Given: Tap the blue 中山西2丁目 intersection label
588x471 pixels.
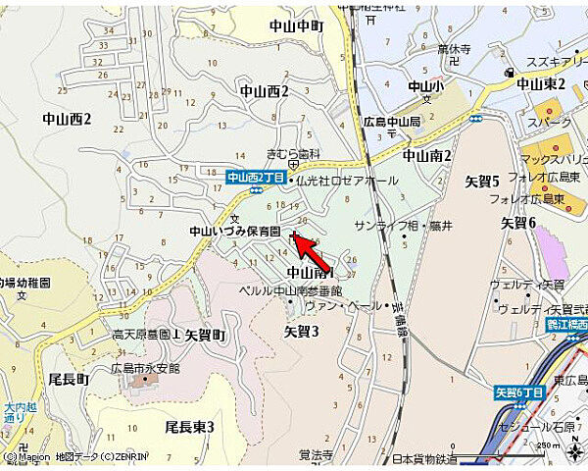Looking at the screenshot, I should (x=254, y=178).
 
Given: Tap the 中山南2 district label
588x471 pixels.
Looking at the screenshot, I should (x=427, y=155).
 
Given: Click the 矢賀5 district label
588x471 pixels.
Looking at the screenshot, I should (x=482, y=181).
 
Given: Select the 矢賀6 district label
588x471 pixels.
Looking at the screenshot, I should (x=518, y=223).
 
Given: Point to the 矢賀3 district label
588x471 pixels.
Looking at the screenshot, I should (x=302, y=332).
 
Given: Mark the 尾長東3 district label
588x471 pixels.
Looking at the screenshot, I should (x=189, y=426).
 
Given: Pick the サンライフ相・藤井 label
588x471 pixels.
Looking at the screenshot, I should (x=403, y=226).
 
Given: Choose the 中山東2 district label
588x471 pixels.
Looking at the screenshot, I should (x=542, y=84).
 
